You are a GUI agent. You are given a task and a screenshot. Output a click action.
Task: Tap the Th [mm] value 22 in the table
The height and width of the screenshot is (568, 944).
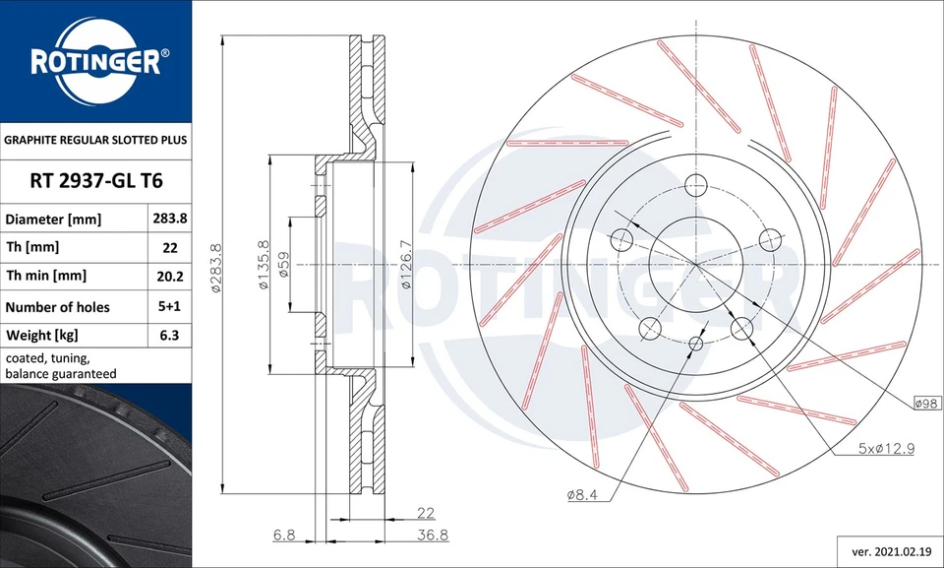169,246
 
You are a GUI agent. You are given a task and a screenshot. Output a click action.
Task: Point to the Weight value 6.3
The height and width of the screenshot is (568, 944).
169,336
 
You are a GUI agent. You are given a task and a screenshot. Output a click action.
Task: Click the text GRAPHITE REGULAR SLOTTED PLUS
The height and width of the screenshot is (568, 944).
95,140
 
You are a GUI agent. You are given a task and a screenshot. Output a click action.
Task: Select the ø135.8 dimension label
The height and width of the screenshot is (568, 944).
263,266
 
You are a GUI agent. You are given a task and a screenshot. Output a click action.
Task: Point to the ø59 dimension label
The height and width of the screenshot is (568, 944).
283,266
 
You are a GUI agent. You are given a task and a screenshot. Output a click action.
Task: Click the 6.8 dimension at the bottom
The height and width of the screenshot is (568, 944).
284,535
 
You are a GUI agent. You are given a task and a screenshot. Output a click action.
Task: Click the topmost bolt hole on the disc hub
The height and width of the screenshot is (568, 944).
695,184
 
